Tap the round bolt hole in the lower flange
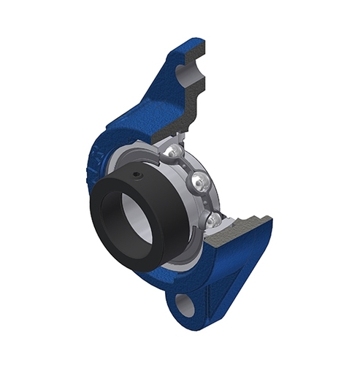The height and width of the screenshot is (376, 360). pyautogui.click(x=186, y=303)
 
